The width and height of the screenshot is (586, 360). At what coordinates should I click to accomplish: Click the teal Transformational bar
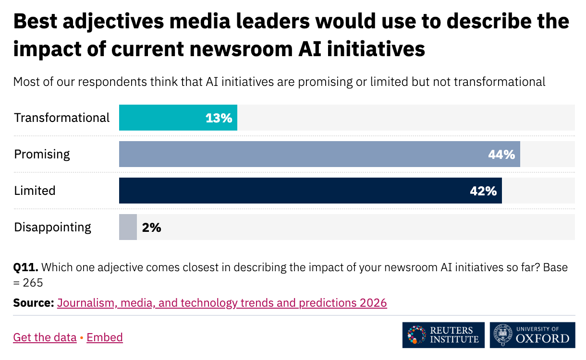(x=163, y=118)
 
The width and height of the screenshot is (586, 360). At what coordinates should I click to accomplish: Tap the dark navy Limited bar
(x=288, y=191)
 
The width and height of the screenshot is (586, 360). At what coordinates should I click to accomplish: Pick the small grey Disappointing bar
(x=128, y=227)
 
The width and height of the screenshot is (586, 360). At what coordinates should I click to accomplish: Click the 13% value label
(x=219, y=118)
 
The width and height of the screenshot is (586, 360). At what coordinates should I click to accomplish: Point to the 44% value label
(x=501, y=155)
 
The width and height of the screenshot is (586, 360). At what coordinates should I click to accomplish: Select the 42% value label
(x=483, y=191)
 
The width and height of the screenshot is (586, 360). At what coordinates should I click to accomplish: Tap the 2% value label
(x=151, y=228)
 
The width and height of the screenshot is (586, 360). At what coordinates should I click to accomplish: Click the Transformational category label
(x=62, y=118)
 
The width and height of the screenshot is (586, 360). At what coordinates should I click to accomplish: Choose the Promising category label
(x=42, y=154)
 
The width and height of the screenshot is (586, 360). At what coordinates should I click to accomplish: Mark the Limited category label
(x=35, y=191)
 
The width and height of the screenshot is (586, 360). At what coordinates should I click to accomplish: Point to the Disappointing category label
(x=52, y=227)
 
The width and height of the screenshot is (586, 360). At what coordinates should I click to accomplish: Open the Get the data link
(x=45, y=337)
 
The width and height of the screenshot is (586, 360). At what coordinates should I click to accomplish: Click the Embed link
(x=105, y=337)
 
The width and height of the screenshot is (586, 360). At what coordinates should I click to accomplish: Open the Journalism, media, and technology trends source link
(x=222, y=303)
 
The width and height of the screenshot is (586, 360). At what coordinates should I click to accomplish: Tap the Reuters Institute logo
(x=443, y=335)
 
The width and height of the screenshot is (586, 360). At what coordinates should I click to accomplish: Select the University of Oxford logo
(x=532, y=335)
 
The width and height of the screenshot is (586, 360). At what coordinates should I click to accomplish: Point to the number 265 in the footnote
(x=33, y=283)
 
